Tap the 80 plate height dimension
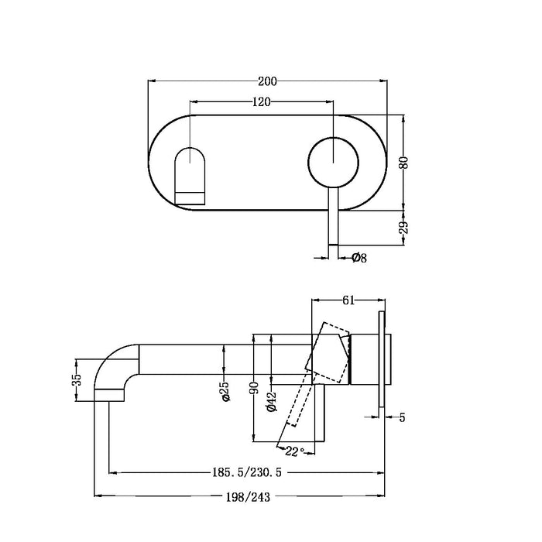(x=404, y=163)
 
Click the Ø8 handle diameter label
(x=358, y=258)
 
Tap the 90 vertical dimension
(x=255, y=389)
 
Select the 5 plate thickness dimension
(x=402, y=418)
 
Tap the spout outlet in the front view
(x=190, y=174)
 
